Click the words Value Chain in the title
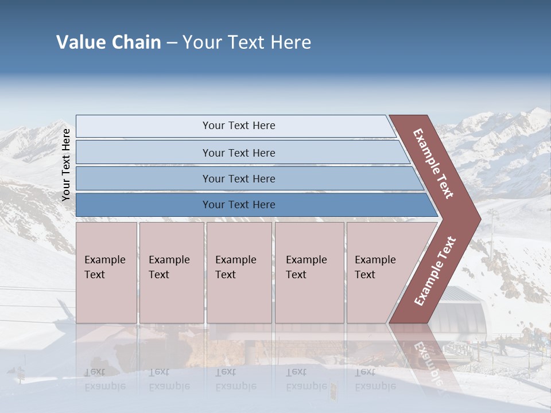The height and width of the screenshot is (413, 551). (x=108, y=42)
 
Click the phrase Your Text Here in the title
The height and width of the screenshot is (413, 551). (x=247, y=42)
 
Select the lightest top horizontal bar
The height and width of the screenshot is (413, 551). (x=238, y=126)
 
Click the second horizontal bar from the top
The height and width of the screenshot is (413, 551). (x=238, y=153)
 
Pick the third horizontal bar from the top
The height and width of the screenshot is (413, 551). (x=238, y=178)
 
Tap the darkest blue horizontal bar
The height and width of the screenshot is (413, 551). (x=238, y=205)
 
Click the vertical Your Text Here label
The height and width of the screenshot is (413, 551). (x=66, y=165)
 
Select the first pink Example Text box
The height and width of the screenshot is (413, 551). (x=106, y=272)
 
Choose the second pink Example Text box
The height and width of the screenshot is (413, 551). (x=171, y=272)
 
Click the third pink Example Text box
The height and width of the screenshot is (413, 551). (x=238, y=272)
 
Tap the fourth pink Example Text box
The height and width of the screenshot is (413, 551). (x=309, y=272)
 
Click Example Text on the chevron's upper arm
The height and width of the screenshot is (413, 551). (x=433, y=163)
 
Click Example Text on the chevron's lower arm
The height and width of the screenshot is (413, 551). (x=435, y=271)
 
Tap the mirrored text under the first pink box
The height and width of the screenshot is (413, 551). (x=104, y=379)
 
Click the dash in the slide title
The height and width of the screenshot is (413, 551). (x=172, y=42)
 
